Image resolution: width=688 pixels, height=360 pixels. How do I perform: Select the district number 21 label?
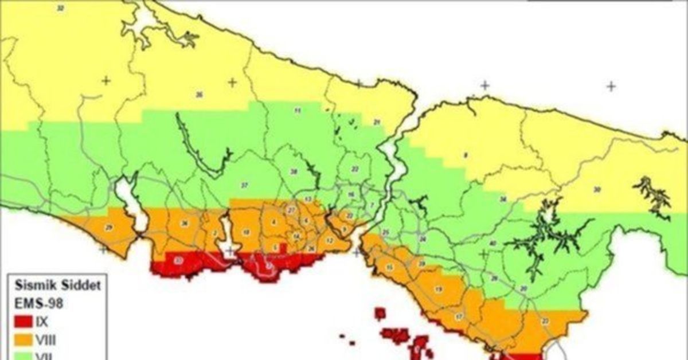(x=377, y=122)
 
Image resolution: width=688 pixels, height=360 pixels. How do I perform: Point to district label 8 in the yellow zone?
(x=466, y=155)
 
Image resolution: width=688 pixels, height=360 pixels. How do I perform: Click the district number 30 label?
(x=597, y=189)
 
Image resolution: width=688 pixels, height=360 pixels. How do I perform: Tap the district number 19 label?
(x=439, y=289)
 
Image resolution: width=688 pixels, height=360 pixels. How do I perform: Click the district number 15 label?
(x=390, y=267)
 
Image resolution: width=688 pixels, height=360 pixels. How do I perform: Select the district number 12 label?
(x=329, y=241)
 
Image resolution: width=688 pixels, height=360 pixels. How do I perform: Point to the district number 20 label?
(x=523, y=288)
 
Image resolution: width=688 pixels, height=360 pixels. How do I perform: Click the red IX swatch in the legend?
(x=23, y=323)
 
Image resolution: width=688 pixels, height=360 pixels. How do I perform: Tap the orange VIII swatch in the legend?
(x=23, y=339)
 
